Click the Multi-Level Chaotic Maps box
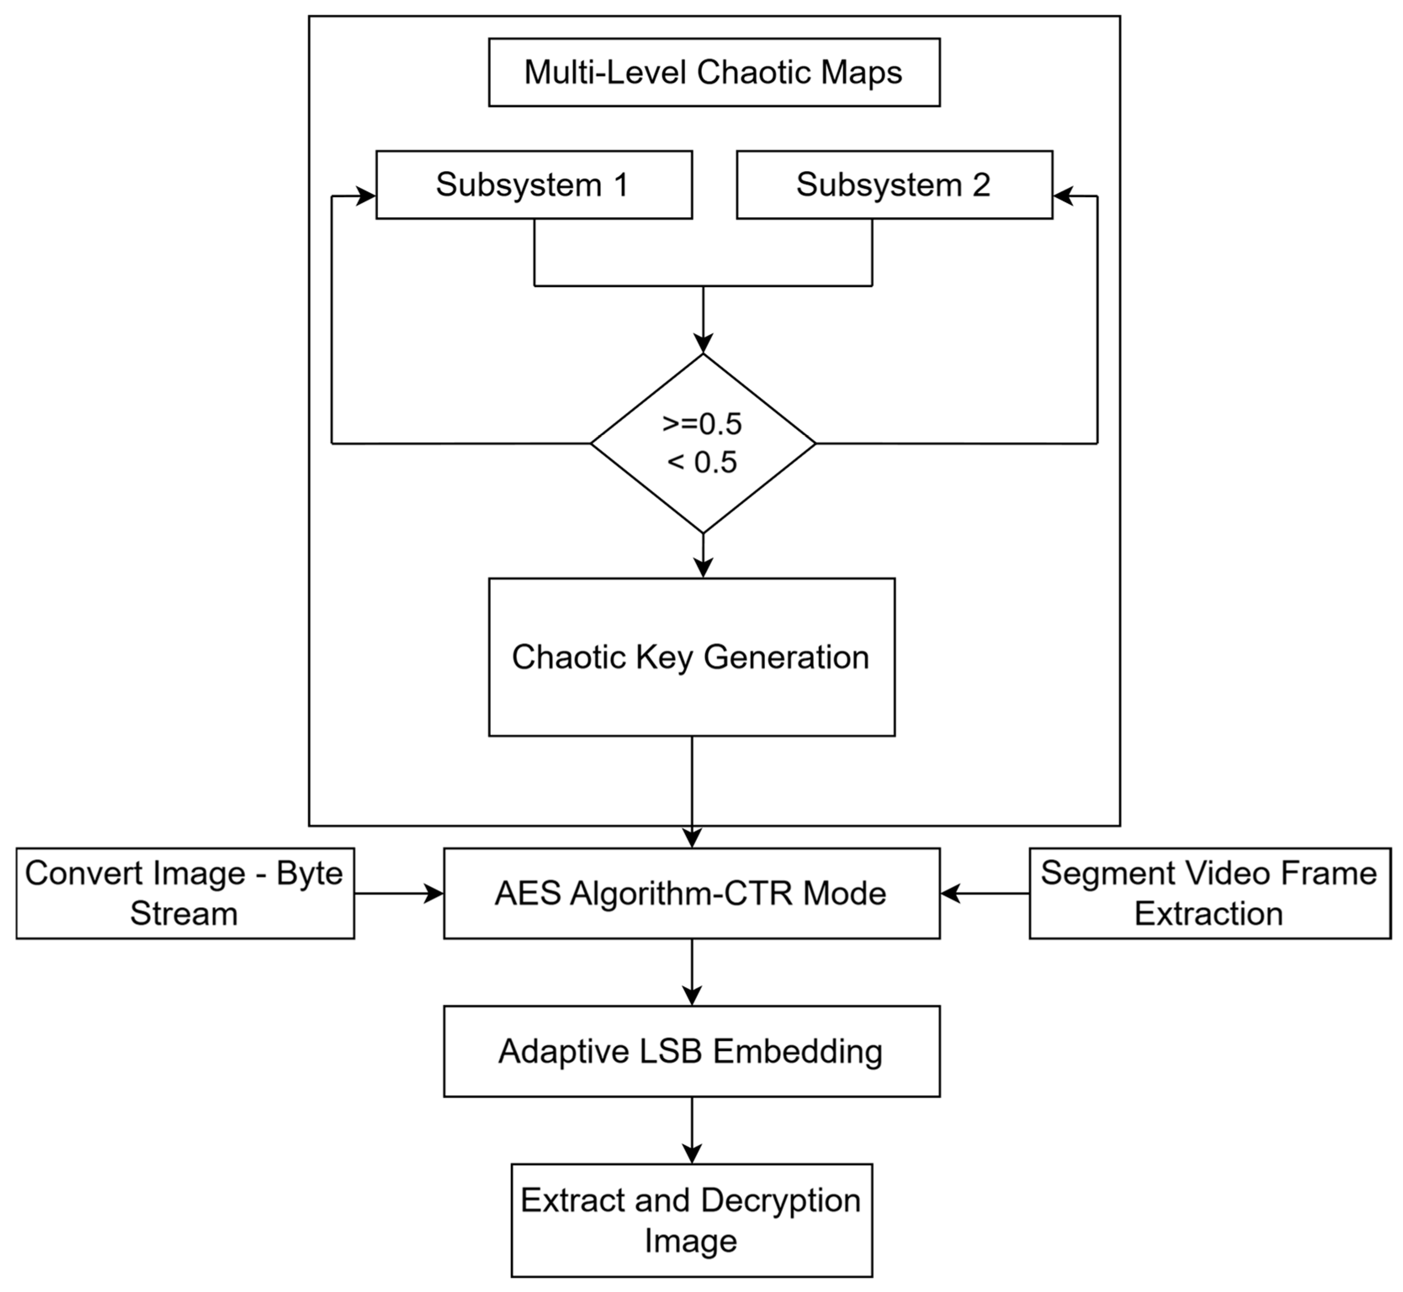(x=713, y=73)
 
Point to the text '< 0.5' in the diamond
(x=702, y=463)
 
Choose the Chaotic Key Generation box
(x=691, y=657)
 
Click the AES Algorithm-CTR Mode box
(x=691, y=894)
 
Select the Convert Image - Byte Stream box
(x=185, y=894)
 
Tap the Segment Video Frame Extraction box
(x=1209, y=894)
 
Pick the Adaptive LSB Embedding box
(x=691, y=1052)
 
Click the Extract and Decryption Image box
(x=691, y=1221)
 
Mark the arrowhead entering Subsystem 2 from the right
(x=1063, y=196)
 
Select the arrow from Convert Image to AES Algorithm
(x=399, y=894)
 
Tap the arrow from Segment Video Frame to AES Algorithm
(x=985, y=894)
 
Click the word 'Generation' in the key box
(x=786, y=657)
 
